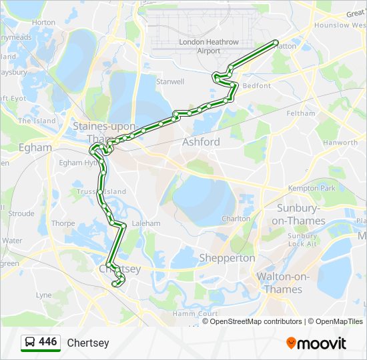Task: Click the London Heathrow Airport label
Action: point(200,47)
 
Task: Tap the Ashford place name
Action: point(201,142)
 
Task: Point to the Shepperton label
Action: point(227,258)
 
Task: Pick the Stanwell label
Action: point(169,82)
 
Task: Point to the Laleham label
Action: point(147,223)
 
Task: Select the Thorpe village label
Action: point(63,223)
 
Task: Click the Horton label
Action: point(44,22)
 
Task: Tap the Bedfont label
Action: point(256,86)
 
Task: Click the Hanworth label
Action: point(340,143)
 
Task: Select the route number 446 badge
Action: point(47,342)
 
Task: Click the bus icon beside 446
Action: point(30,343)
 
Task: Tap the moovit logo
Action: point(316,343)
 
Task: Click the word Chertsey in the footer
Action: point(87,343)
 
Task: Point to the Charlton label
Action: point(236,219)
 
